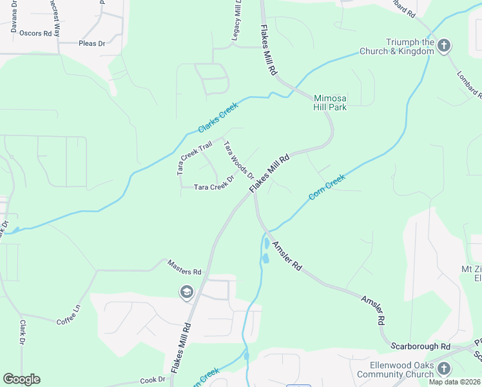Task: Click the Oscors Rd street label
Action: [35, 33]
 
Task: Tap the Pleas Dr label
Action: [92, 44]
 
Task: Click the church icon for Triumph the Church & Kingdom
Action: [443, 46]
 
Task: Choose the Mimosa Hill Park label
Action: [330, 103]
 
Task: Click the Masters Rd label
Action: [184, 268]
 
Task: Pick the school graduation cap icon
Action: [187, 293]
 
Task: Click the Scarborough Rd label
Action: [420, 346]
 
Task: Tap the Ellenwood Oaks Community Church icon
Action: [443, 368]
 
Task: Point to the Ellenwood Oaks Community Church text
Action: [396, 370]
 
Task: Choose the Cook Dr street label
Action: [153, 380]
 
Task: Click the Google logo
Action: [21, 379]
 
